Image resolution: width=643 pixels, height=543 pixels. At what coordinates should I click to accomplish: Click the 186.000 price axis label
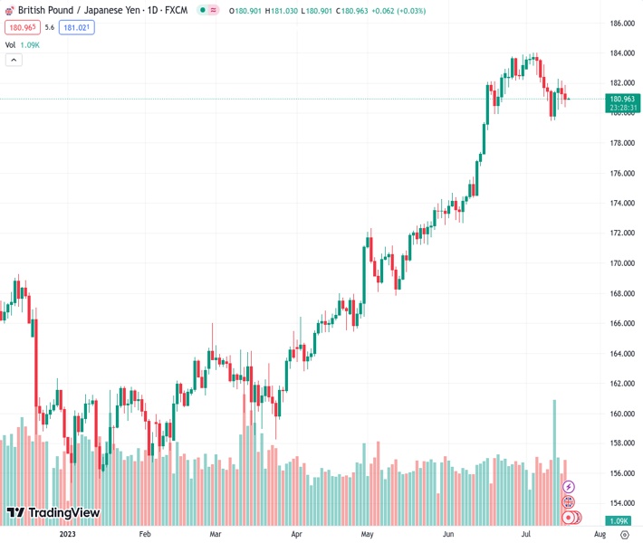point(620,24)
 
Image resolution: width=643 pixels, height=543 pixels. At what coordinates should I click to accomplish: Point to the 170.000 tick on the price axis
point(620,263)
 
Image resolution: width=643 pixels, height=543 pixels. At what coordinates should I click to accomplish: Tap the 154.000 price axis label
point(620,503)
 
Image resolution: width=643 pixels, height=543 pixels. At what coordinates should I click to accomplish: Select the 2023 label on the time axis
point(66,535)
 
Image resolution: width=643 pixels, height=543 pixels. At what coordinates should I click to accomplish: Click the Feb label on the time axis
point(144,535)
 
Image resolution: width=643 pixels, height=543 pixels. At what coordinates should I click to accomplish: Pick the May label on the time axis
point(367,535)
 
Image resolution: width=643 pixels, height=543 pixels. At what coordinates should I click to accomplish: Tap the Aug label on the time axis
point(600,535)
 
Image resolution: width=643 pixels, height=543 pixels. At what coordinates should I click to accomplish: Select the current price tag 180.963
point(622,99)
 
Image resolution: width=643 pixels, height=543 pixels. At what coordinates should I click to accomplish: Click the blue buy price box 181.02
point(76,27)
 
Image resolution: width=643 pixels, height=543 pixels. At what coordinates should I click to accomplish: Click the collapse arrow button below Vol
point(14,60)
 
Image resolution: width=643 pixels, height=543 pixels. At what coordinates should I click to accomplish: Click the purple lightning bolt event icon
point(569,487)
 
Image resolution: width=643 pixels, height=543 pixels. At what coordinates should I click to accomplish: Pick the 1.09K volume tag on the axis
point(620,521)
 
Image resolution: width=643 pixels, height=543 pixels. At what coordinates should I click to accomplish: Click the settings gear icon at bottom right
point(624,535)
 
